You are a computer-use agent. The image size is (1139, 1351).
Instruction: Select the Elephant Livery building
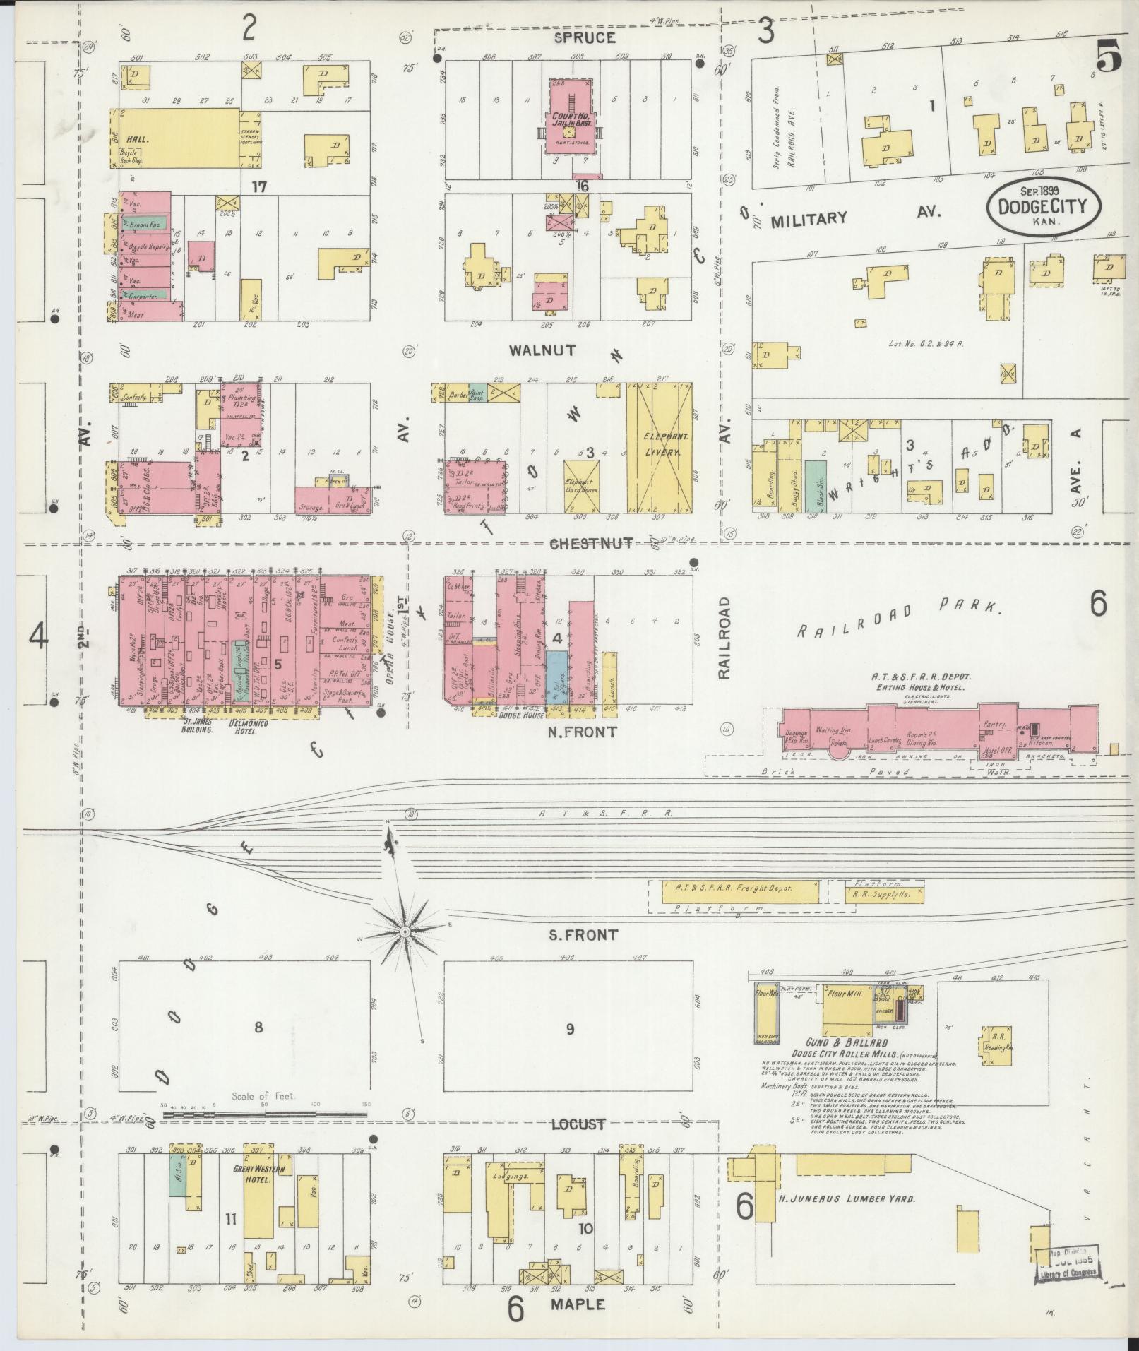click(x=659, y=448)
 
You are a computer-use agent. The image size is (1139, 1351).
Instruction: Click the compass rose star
click(x=405, y=932)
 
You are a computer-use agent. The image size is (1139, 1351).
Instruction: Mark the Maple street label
click(x=576, y=1304)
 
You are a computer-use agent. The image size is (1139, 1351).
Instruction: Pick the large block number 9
click(x=569, y=1028)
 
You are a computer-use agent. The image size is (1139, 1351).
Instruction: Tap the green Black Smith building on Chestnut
click(x=815, y=485)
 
